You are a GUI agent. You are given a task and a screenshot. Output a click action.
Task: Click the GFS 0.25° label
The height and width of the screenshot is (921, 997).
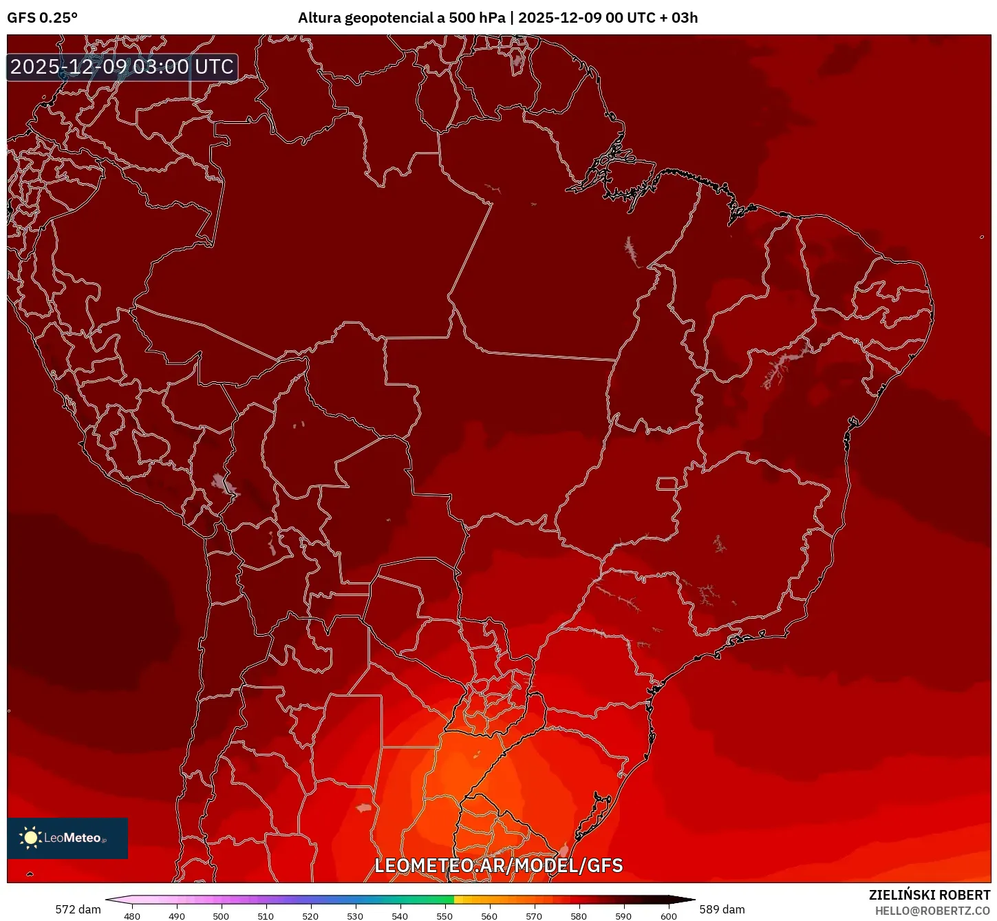[43, 18]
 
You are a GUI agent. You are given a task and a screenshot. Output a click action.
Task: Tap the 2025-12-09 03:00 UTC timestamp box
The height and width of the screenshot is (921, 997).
[122, 67]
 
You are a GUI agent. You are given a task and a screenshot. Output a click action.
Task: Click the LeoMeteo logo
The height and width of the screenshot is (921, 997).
[67, 838]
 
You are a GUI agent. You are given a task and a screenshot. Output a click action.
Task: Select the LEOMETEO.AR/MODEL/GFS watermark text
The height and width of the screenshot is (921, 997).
[498, 865]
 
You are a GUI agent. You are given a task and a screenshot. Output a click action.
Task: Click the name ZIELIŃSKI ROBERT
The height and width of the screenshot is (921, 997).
[929, 895]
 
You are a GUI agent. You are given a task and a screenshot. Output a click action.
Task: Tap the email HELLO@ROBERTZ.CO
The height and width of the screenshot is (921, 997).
[932, 911]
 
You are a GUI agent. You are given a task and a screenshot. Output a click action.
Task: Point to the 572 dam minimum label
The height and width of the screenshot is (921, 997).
[78, 909]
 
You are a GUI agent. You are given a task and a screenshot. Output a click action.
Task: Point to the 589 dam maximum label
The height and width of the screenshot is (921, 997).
[722, 909]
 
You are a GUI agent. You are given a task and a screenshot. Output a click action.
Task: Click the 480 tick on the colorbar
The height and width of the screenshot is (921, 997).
[131, 915]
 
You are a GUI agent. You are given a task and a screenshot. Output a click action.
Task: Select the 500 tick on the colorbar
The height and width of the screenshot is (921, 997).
[221, 915]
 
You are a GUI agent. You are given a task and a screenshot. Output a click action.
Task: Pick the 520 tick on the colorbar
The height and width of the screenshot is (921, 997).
[310, 915]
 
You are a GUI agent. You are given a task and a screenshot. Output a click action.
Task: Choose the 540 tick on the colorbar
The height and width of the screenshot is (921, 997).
[400, 915]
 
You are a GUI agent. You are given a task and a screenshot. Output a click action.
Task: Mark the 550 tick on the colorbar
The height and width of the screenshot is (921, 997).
[444, 915]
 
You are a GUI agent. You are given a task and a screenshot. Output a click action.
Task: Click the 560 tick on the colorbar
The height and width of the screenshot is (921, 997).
[489, 915]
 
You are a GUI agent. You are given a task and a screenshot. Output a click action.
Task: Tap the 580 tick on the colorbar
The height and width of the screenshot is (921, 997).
[579, 915]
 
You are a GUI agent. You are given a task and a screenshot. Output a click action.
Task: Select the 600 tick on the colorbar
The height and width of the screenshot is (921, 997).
[668, 915]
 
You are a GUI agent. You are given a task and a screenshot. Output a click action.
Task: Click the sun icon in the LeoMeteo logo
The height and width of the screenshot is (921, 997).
[30, 837]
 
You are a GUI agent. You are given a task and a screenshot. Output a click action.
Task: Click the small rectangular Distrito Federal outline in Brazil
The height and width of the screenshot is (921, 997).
[667, 483]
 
